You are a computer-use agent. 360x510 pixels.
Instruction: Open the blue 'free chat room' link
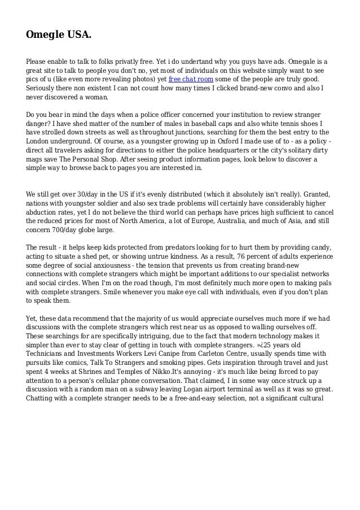coord(190,79)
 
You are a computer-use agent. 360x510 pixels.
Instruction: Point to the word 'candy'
coord(321,249)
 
